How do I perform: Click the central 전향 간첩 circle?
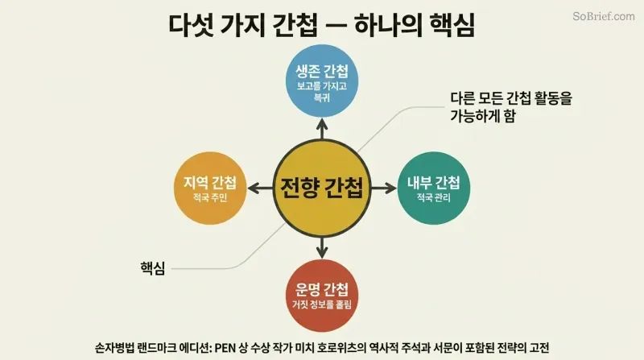pos(322,188)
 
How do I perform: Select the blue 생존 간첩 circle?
pos(322,81)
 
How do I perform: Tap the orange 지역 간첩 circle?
pos(210,188)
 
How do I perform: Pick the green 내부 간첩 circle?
pos(434,188)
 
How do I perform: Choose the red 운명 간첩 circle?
pos(322,296)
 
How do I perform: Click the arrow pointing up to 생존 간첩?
pos(322,129)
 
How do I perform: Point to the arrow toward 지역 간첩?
pos(260,188)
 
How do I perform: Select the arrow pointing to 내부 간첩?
pos(384,188)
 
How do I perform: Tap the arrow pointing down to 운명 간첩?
pos(322,248)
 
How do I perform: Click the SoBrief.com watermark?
pos(603,16)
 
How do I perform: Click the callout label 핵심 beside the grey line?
pos(152,268)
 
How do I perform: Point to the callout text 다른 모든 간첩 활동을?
pos(511,98)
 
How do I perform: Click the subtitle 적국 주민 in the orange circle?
pos(210,197)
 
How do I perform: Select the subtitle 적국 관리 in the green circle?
pos(434,197)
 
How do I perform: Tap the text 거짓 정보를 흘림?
pos(322,304)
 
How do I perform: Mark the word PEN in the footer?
pos(225,348)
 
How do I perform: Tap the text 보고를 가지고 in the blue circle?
pos(322,86)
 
